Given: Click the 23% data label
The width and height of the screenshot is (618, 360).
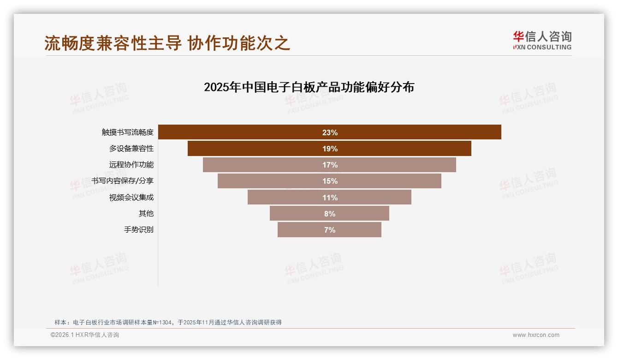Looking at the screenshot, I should (x=330, y=132).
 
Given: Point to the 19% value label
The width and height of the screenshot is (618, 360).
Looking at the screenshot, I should (x=330, y=149).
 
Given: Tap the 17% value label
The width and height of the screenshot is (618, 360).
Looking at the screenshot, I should (x=330, y=165).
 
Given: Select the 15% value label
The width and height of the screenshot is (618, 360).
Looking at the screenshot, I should (x=330, y=181).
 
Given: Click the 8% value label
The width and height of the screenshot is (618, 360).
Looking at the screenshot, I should (x=330, y=214).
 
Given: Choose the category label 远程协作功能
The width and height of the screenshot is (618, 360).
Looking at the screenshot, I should (x=131, y=165).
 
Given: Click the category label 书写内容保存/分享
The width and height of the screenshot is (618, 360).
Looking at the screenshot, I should (x=123, y=181).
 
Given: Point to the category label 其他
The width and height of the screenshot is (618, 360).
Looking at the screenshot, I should (x=146, y=214).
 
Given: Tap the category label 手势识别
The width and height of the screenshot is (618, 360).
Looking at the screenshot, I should (x=139, y=230).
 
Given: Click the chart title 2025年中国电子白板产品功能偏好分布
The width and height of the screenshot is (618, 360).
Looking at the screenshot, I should (x=309, y=87).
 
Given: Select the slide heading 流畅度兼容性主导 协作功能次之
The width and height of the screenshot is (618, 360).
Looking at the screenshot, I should (x=167, y=43).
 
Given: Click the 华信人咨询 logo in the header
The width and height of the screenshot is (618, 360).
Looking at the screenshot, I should (x=542, y=40).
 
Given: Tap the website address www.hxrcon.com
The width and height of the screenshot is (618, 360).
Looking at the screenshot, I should (x=536, y=335).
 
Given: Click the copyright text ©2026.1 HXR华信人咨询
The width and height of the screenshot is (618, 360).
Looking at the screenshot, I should (x=85, y=335).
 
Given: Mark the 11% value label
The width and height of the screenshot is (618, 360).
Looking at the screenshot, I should (x=330, y=198).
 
